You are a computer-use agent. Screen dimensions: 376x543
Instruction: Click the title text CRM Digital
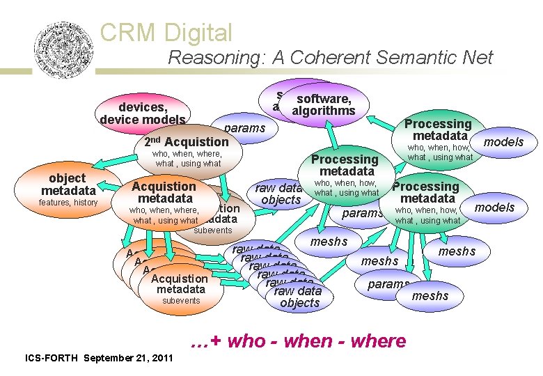166,32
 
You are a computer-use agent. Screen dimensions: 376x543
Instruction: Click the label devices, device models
143,113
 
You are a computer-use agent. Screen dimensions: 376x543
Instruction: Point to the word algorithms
324,111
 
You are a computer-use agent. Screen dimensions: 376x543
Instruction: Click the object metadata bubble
68,185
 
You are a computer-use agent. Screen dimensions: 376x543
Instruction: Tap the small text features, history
68,203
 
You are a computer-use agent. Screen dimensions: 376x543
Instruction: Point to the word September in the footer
111,358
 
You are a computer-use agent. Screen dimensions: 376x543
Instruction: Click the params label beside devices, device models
244,128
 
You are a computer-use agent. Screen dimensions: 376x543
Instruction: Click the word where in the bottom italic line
379,341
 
